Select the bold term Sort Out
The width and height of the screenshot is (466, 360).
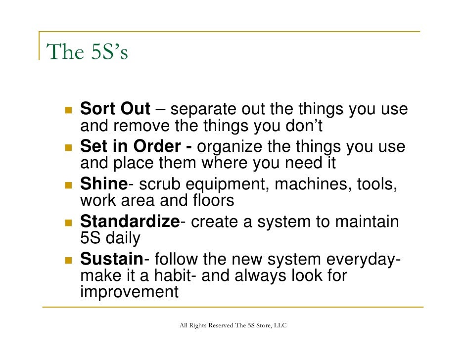point(115,109)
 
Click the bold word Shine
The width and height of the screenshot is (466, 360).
point(104,184)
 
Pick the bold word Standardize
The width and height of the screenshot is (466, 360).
point(130,221)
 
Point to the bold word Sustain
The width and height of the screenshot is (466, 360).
point(111,259)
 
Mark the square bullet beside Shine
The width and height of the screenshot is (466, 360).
point(68,185)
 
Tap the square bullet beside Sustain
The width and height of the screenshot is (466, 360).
point(68,260)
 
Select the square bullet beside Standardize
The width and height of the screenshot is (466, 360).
point(68,222)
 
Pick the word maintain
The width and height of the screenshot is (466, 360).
point(367,222)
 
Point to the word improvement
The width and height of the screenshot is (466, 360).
point(129,292)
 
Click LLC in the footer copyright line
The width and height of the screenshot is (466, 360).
point(279,325)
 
